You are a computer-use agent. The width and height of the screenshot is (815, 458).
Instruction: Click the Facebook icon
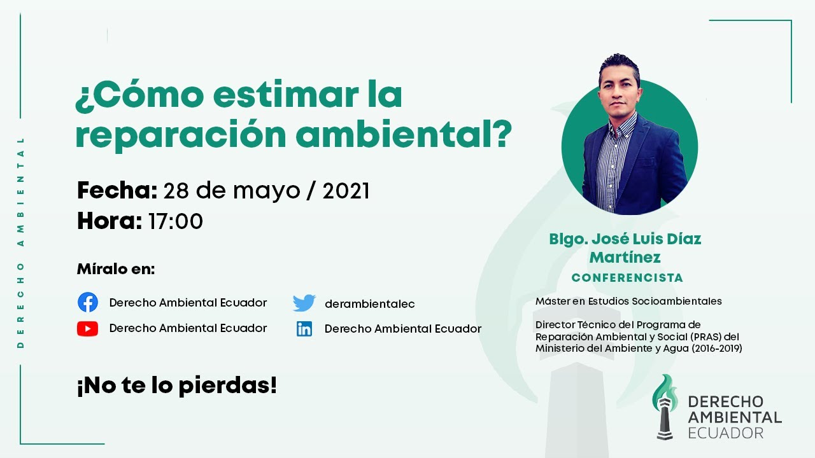(88, 302)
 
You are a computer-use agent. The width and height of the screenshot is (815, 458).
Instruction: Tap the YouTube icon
(88, 328)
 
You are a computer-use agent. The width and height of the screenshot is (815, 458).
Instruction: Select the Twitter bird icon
(304, 303)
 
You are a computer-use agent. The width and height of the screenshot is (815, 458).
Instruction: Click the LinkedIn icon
(304, 329)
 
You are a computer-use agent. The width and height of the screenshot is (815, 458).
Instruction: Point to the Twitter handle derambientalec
(369, 304)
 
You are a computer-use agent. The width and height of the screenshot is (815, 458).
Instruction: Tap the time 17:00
(175, 221)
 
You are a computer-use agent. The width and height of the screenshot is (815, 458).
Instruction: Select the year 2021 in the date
(346, 190)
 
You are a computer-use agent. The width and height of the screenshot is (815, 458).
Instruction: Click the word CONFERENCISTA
(627, 278)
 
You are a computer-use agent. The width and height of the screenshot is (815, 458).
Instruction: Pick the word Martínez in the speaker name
(625, 257)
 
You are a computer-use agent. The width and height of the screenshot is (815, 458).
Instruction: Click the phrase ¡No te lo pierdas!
(176, 385)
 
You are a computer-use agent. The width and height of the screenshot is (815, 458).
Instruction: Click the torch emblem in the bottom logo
(665, 406)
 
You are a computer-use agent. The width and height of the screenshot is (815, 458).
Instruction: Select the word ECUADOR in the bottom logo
(725, 433)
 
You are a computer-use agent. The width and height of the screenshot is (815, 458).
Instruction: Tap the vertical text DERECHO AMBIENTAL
(20, 242)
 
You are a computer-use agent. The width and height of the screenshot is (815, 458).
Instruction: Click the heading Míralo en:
(115, 269)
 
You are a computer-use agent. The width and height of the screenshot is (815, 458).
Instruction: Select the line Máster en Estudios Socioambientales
(628, 301)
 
